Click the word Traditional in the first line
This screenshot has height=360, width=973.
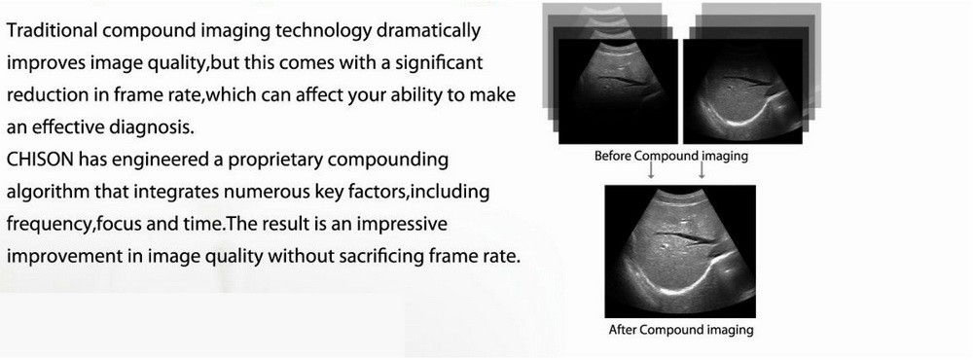[52, 30]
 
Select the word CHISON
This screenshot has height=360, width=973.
[40, 160]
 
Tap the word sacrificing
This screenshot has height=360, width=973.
[388, 256]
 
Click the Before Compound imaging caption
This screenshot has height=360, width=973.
[670, 156]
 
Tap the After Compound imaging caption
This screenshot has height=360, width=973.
[681, 330]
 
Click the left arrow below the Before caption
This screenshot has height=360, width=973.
[651, 170]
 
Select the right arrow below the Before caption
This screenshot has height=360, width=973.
[702, 170]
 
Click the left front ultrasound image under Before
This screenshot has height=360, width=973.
[618, 91]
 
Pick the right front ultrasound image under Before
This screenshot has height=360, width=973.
[742, 91]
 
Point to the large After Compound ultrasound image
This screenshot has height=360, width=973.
[680, 251]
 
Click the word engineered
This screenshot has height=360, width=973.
[161, 161]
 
